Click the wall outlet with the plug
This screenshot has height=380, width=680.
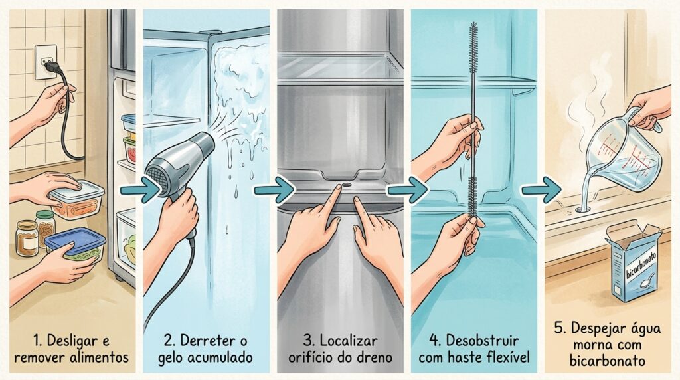45,62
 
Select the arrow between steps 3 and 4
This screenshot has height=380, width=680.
407,190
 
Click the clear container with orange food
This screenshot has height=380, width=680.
77,200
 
